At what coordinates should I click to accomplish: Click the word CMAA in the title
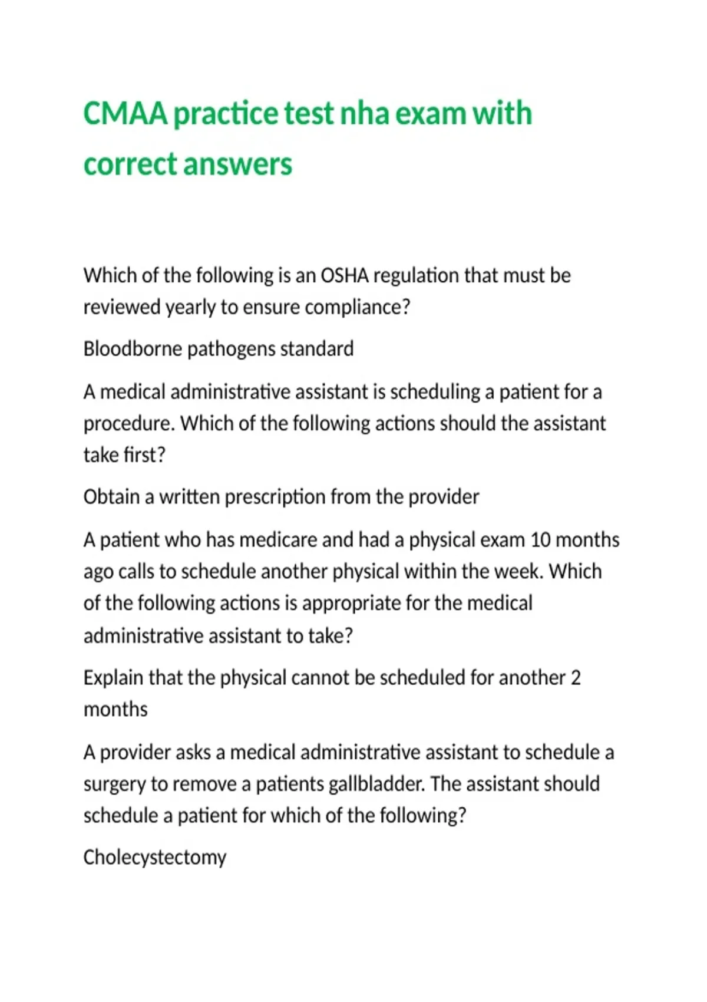pyautogui.click(x=125, y=113)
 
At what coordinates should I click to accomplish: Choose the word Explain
pyautogui.click(x=113, y=678)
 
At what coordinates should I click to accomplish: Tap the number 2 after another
pyautogui.click(x=576, y=678)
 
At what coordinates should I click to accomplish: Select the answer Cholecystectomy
pyautogui.click(x=155, y=858)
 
